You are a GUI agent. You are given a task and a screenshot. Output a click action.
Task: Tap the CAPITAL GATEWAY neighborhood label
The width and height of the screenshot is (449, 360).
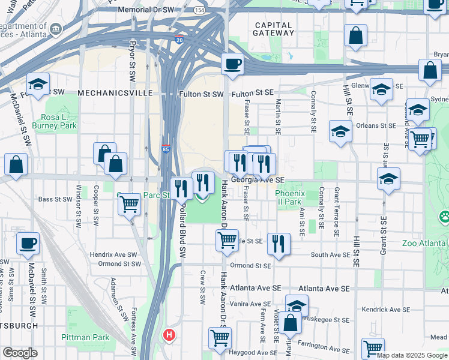click(273, 29)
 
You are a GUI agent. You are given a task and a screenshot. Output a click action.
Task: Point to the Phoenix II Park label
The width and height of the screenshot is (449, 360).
click(291, 197)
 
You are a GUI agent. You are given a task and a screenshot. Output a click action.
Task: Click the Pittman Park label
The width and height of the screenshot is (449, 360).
click(85, 337)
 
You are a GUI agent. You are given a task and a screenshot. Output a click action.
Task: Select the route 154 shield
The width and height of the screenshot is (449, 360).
click(199, 10)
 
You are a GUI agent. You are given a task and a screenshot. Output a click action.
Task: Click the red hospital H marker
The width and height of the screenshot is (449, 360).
click(170, 335)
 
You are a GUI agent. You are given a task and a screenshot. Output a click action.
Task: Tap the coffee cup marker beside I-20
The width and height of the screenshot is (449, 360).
click(232, 63)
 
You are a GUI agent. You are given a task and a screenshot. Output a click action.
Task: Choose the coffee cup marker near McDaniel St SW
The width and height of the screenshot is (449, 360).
click(28, 244)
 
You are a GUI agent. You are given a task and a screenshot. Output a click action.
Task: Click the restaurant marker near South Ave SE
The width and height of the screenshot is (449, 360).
click(279, 243)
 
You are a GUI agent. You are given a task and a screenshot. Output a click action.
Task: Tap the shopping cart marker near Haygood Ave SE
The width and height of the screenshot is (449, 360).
click(220, 337)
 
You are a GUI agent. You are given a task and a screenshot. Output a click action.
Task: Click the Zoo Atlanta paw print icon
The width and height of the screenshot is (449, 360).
click(444, 215)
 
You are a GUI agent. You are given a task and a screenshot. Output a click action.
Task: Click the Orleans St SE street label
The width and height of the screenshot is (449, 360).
click(376, 125)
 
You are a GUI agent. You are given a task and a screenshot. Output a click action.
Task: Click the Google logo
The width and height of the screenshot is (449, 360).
click(20, 353)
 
